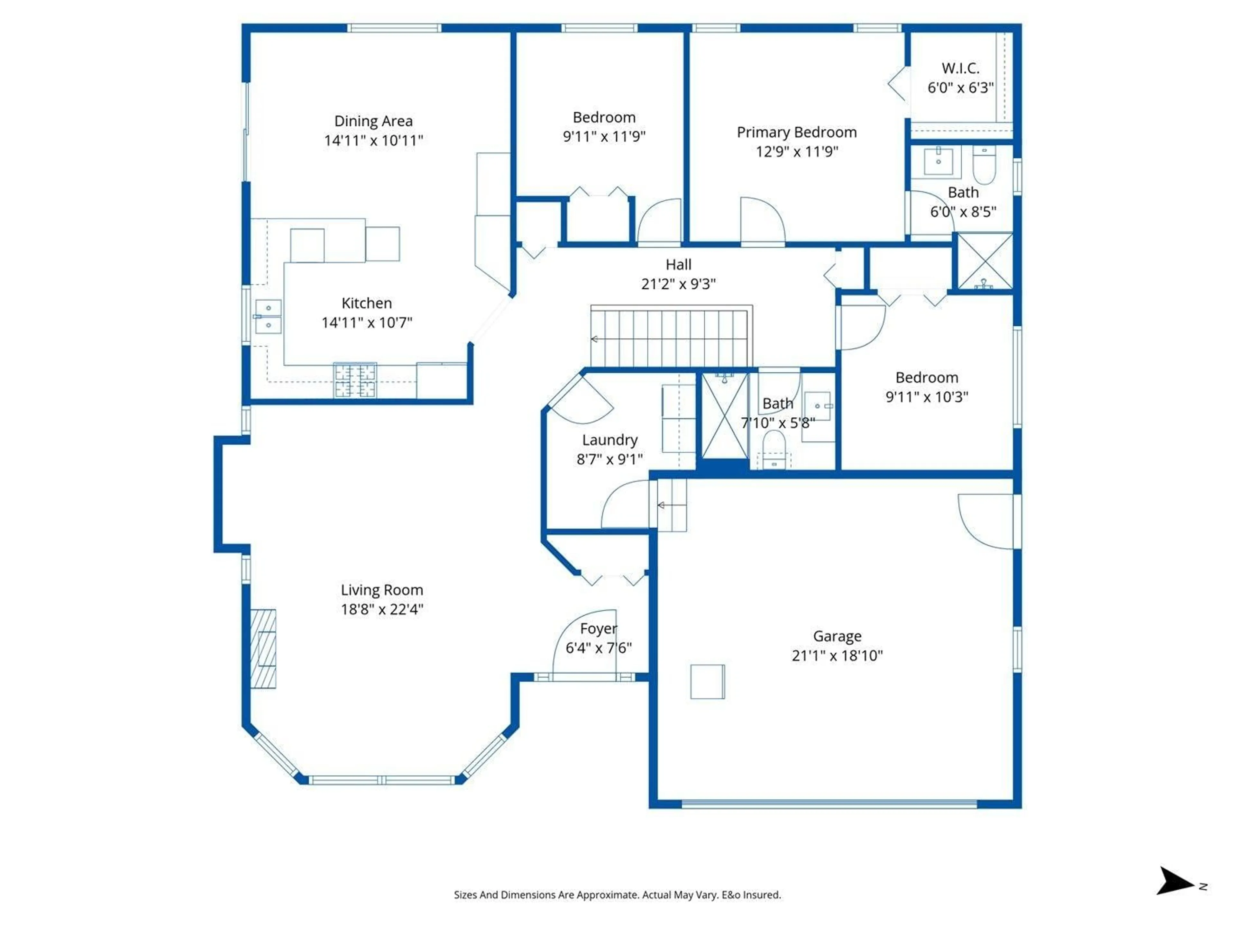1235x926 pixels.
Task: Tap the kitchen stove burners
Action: point(355,380)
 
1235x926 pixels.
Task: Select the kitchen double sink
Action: point(268,316)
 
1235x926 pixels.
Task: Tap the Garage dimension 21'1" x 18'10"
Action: point(837,655)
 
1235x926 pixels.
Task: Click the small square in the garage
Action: point(707,682)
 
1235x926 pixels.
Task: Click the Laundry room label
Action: point(610,440)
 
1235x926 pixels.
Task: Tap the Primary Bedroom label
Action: point(796,132)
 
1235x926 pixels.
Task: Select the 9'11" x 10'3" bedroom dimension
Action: point(927,397)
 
